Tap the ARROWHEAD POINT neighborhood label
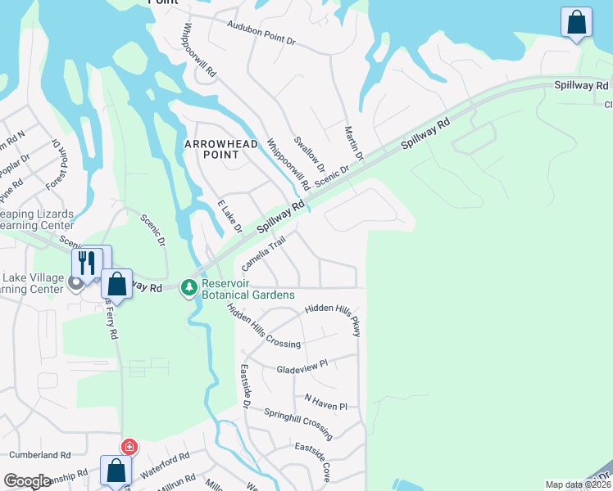(x=220, y=149)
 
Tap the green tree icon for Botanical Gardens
(x=189, y=287)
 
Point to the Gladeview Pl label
(x=302, y=366)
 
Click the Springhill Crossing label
(x=298, y=421)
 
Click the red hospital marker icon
(x=129, y=447)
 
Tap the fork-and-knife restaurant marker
(x=87, y=263)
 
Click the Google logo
(x=27, y=481)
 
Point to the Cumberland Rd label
(x=42, y=454)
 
